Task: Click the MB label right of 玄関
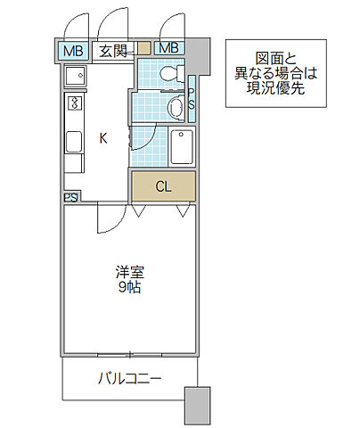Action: [x=168, y=48]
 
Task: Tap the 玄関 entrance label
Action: [x=112, y=49]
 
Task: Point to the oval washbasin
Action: [x=176, y=108]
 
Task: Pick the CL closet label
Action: [x=163, y=186]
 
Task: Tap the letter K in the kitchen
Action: [x=102, y=138]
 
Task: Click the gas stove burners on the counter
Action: [x=71, y=106]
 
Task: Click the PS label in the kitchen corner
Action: [x=70, y=197]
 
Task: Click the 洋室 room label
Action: [x=128, y=273]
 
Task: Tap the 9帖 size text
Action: [x=128, y=288]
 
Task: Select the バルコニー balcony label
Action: [x=129, y=378]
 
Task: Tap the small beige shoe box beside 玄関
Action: [x=143, y=49]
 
